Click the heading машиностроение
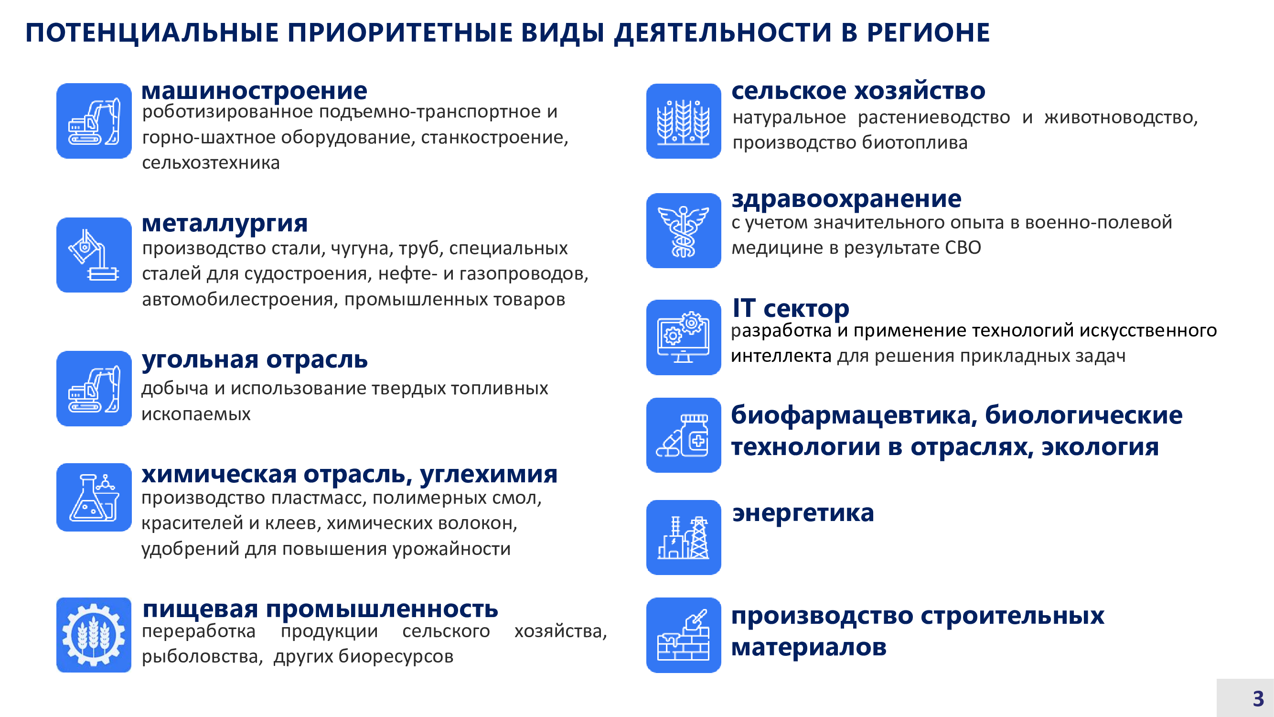pyautogui.click(x=254, y=91)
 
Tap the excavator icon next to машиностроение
pyautogui.click(x=94, y=121)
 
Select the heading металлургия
pyautogui.click(x=225, y=224)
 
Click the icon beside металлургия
pyautogui.click(x=94, y=255)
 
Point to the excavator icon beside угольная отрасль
pyautogui.click(x=94, y=389)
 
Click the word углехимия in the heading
pyautogui.click(x=489, y=475)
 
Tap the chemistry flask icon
pyautogui.click(x=94, y=497)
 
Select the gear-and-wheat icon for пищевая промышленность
pyautogui.click(x=94, y=635)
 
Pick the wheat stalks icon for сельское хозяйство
pyautogui.click(x=684, y=121)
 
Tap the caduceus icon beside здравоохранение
pyautogui.click(x=684, y=230)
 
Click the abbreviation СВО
pyautogui.click(x=963, y=248)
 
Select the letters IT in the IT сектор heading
pyautogui.click(x=744, y=308)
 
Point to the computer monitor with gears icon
pyautogui.click(x=684, y=337)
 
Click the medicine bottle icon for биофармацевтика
pyautogui.click(x=684, y=435)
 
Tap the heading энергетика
pyautogui.click(x=803, y=513)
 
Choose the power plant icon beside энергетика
pyautogui.click(x=684, y=537)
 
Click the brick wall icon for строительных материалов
pyautogui.click(x=684, y=635)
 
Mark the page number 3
pyautogui.click(x=1258, y=699)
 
